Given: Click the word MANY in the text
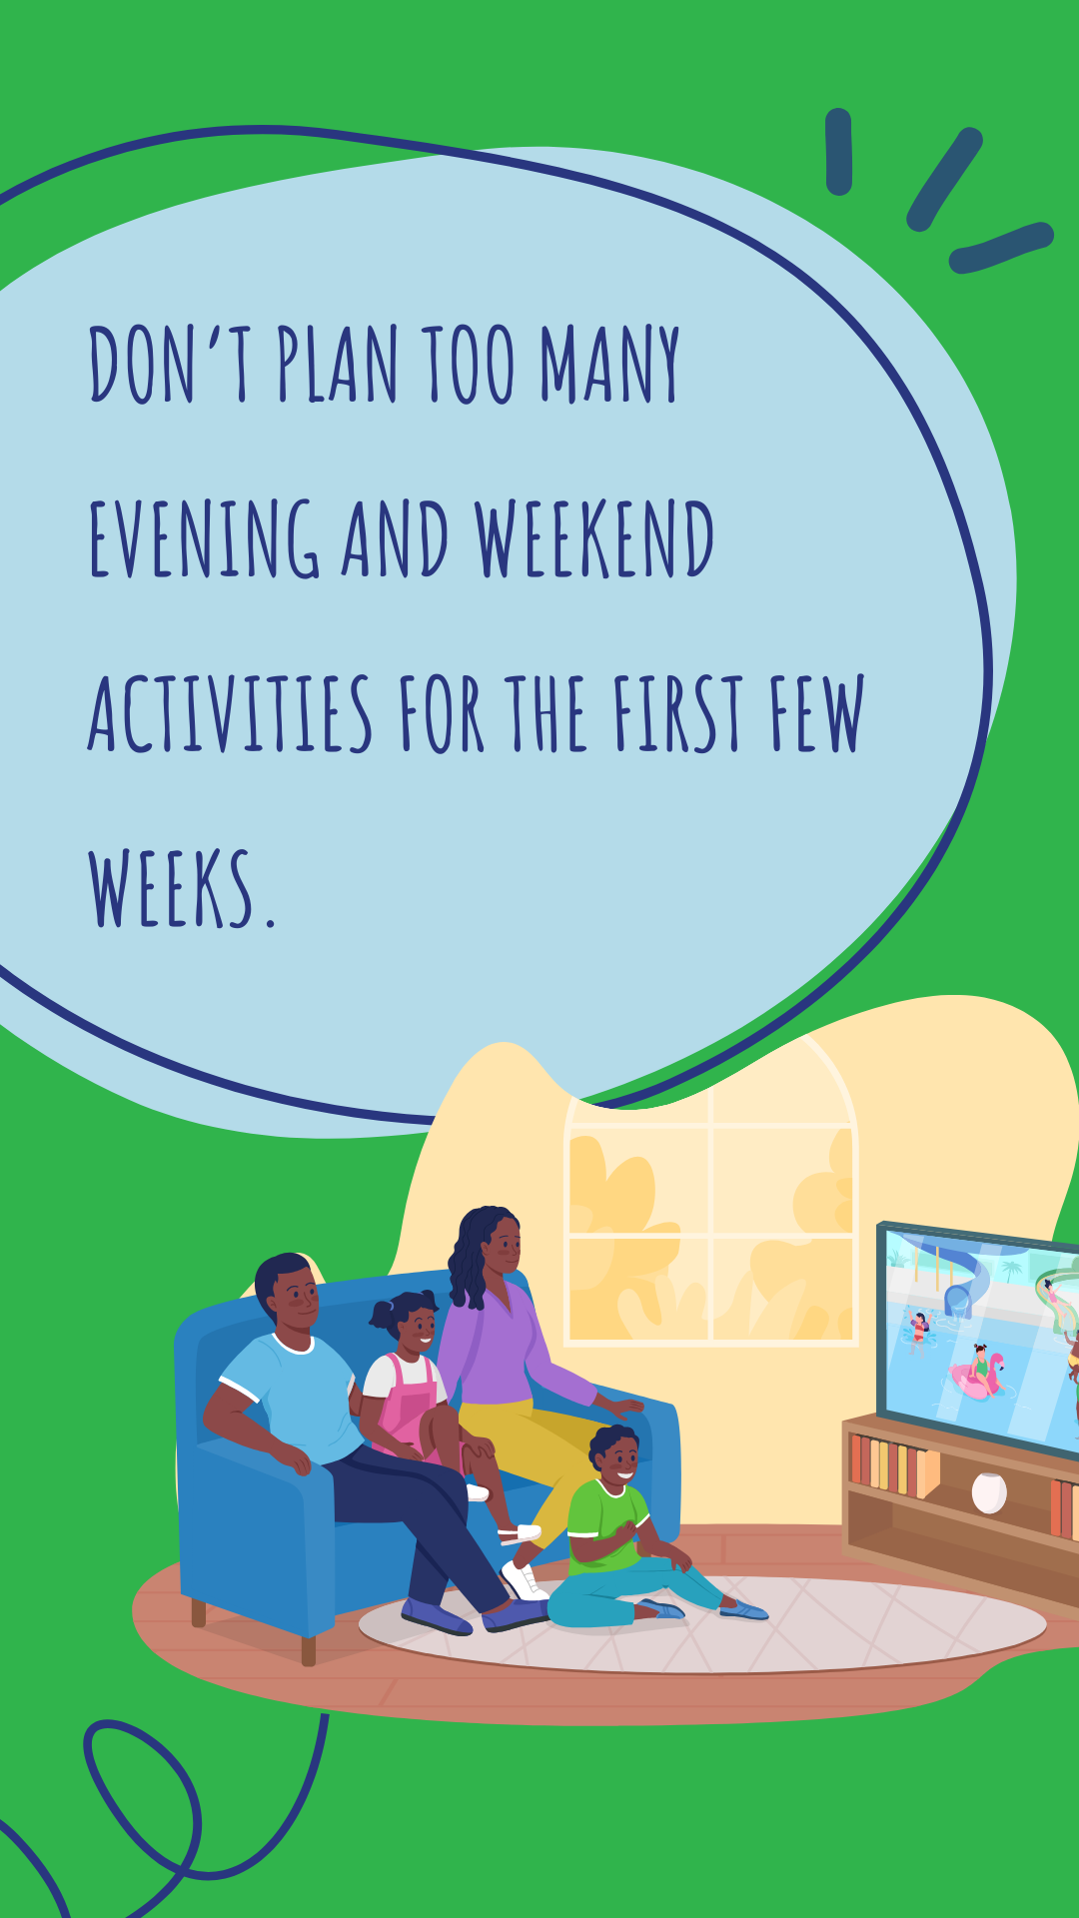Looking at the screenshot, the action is pyautogui.click(x=610, y=364).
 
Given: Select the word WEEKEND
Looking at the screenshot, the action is pyautogui.click(x=594, y=538).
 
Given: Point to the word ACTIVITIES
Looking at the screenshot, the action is pyautogui.click(x=231, y=713).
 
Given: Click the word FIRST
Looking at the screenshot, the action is pyautogui.click(x=678, y=713).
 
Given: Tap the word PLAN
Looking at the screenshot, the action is pyautogui.click(x=338, y=364).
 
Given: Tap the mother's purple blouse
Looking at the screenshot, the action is pyautogui.click(x=510, y=1349).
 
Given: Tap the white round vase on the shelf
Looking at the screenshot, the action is pyautogui.click(x=989, y=1492).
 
